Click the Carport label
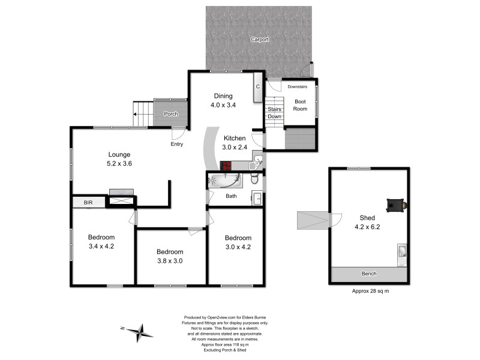click(x=260, y=40)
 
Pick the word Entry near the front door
click(x=178, y=144)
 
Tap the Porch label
click(x=170, y=114)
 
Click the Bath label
click(x=231, y=196)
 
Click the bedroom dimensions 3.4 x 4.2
click(x=101, y=246)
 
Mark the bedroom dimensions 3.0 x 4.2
click(x=238, y=247)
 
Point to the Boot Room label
click(x=300, y=105)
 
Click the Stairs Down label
click(x=275, y=113)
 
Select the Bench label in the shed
click(x=369, y=274)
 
